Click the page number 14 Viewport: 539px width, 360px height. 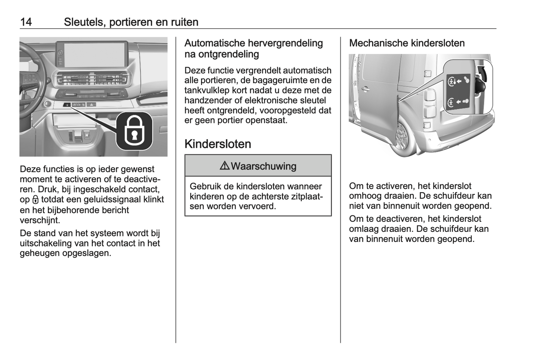click(26, 22)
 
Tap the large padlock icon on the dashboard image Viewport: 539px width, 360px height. click(134, 130)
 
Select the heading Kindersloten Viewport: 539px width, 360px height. click(217, 144)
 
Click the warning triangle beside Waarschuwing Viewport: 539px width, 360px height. click(225, 166)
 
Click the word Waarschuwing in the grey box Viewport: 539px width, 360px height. click(263, 166)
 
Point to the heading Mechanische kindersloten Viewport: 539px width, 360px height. click(407, 43)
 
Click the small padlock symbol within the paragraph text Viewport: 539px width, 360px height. click(36, 200)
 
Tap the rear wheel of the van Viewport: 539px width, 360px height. click(402, 135)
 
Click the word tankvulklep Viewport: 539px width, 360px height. click(204, 90)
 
